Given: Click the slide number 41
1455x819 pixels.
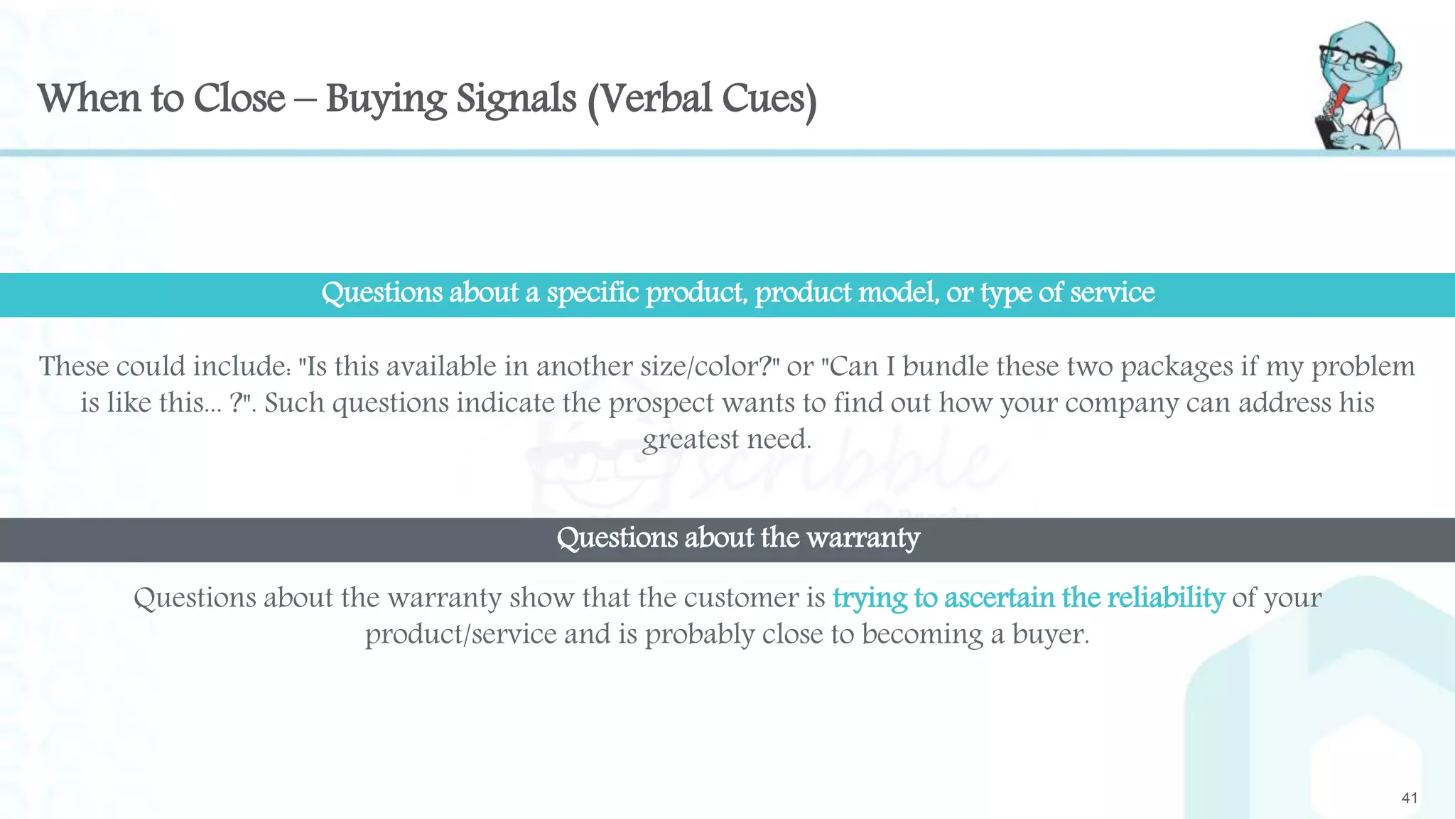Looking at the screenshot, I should coord(1410,798).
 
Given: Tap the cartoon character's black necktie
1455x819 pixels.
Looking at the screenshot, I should coord(1365,125).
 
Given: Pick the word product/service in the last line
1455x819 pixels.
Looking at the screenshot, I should coord(461,634).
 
